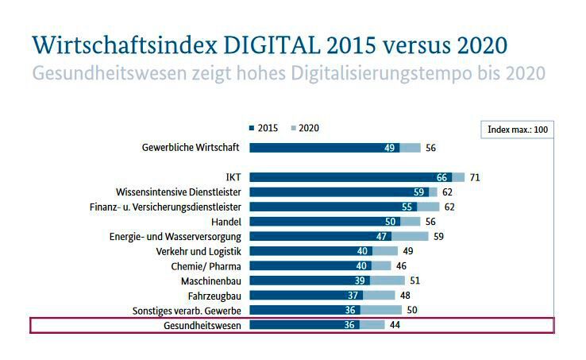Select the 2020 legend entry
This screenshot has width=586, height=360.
coord(304,128)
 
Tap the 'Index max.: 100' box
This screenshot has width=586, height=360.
coord(518,130)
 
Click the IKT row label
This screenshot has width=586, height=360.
coord(233,177)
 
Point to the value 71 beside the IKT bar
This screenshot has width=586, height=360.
coord(475,177)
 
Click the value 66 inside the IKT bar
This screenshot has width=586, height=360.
coord(442,177)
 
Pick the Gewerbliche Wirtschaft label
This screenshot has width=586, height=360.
coord(191,147)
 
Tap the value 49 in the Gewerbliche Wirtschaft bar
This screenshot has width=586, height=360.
coord(389,148)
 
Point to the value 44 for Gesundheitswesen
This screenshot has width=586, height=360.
coord(395,325)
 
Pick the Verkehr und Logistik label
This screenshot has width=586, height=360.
coord(199,251)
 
